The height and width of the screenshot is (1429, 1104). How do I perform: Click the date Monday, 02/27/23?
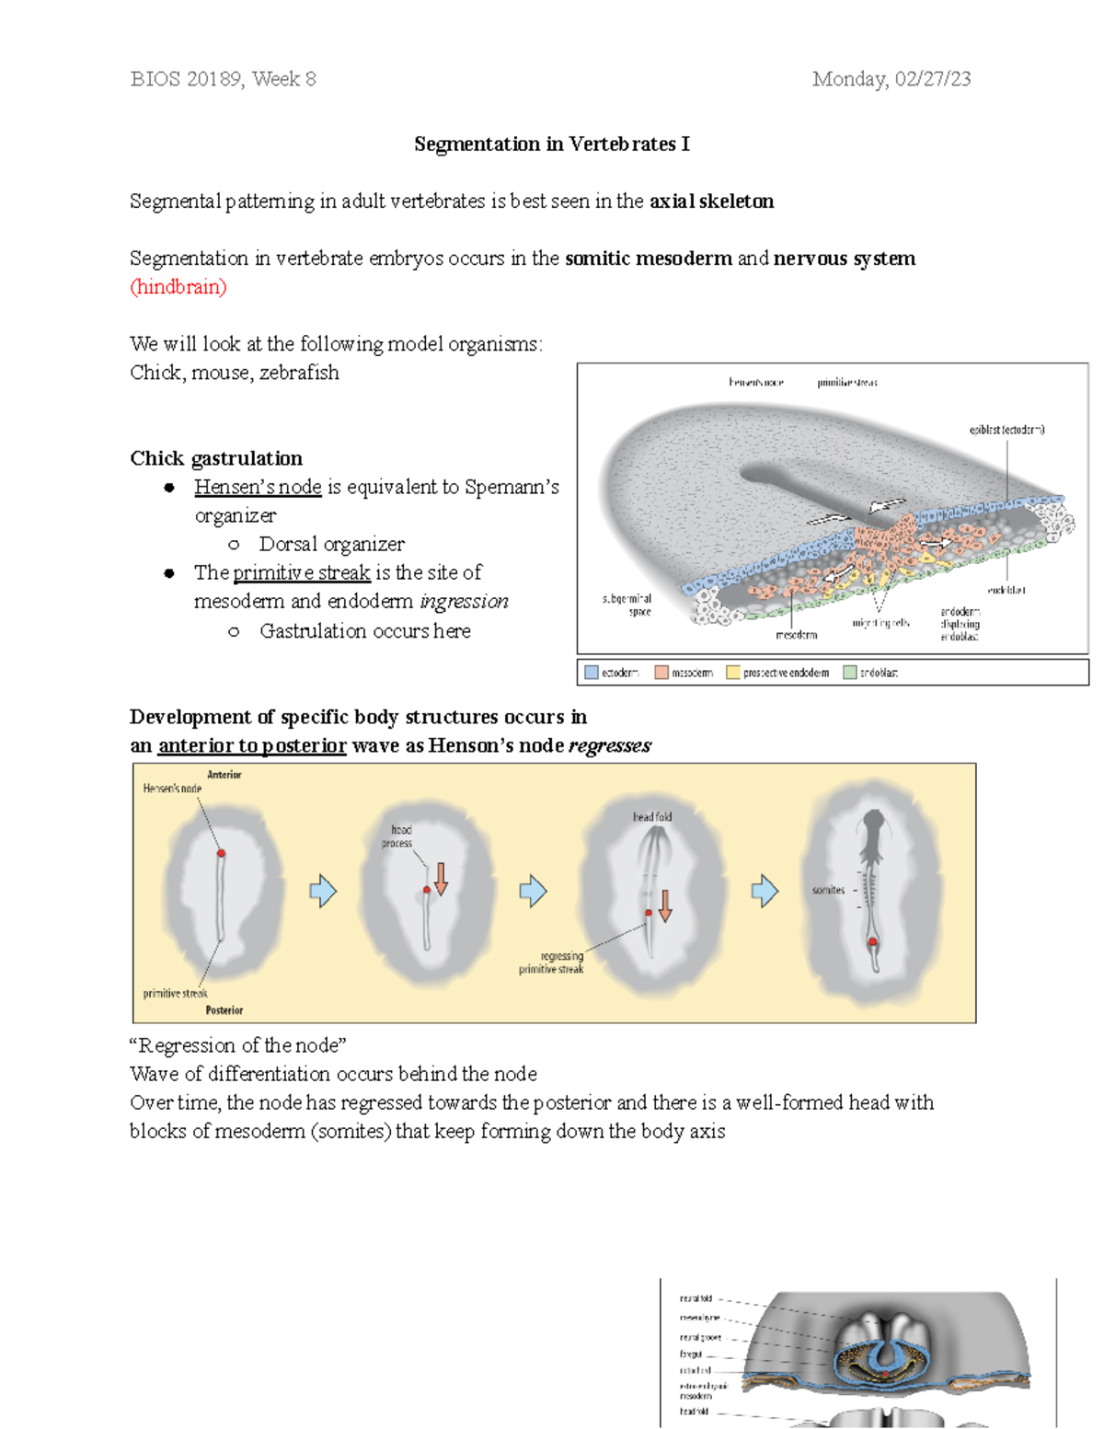click(891, 79)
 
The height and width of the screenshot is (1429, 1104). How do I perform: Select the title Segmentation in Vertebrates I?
click(551, 144)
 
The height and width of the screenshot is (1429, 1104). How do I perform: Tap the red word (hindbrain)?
click(178, 287)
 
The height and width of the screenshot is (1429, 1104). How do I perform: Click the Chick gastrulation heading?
click(216, 458)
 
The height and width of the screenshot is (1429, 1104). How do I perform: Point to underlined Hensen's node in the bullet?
click(258, 487)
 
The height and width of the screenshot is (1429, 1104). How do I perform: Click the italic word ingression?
click(464, 601)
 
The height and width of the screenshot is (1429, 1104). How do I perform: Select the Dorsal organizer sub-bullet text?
click(331, 544)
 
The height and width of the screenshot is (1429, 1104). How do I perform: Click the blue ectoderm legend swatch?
click(592, 673)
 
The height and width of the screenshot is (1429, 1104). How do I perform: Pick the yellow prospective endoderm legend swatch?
click(733, 673)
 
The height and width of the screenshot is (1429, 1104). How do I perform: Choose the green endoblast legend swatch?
click(849, 673)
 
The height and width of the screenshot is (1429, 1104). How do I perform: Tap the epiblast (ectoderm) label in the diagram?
click(1006, 430)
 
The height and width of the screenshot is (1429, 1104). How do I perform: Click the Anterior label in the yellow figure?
click(224, 775)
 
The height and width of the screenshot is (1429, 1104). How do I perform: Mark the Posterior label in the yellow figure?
click(224, 1010)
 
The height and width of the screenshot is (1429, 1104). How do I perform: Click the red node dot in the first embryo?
click(221, 854)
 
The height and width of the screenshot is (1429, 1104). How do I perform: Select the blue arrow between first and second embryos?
click(323, 891)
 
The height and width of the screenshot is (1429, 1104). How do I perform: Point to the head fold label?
click(651, 817)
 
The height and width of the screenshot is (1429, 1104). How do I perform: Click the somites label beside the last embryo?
click(828, 890)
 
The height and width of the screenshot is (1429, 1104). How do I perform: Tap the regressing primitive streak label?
click(552, 962)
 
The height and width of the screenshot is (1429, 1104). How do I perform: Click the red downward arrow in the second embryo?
click(441, 879)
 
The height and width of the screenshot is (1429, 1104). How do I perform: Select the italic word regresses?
click(609, 745)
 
